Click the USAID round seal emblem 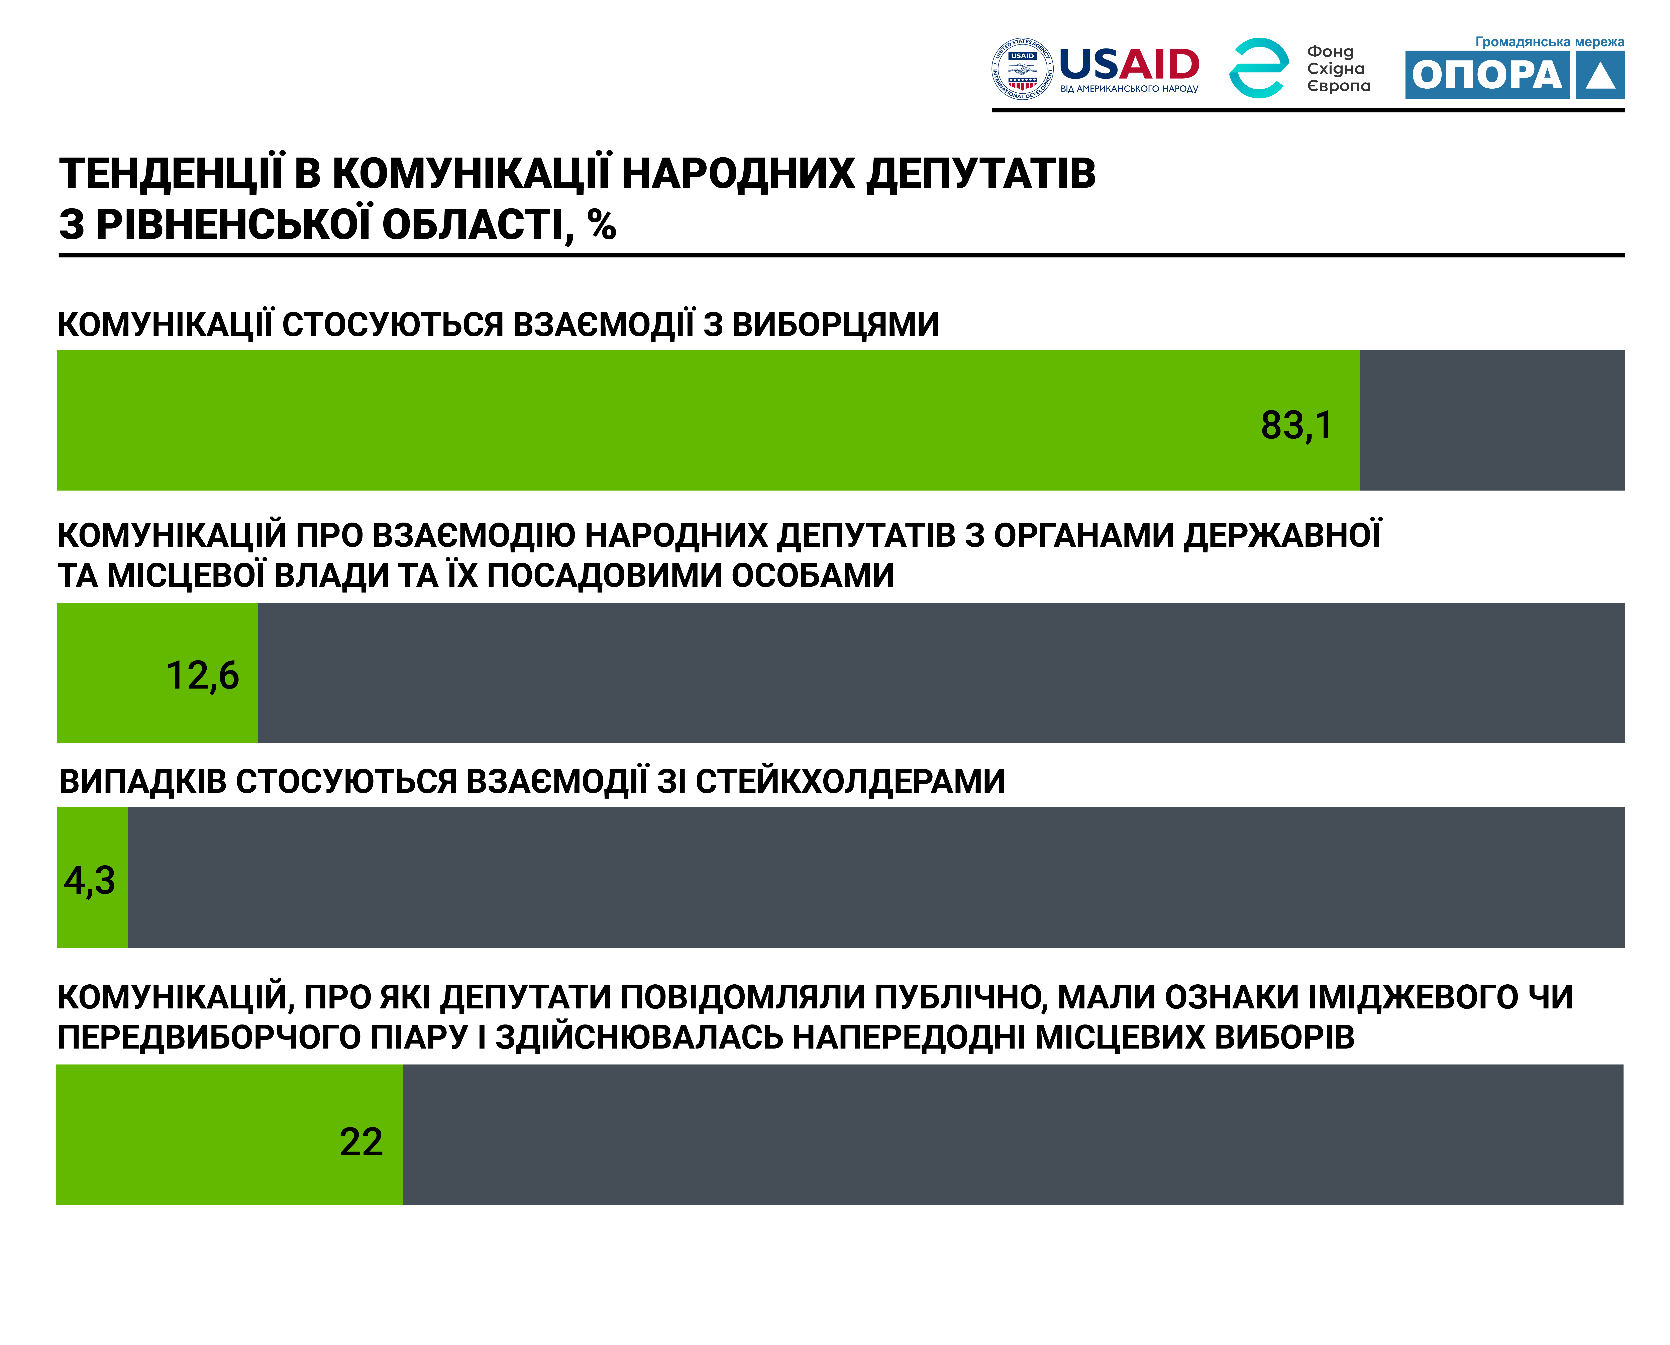click(x=1022, y=69)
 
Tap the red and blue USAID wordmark click(x=1129, y=64)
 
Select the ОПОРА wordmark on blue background click(x=1487, y=75)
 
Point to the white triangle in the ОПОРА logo click(x=1600, y=77)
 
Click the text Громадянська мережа click(x=1549, y=42)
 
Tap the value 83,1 click(x=1297, y=425)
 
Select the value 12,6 click(x=202, y=676)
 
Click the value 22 click(x=361, y=1142)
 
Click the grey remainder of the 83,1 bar click(x=1492, y=420)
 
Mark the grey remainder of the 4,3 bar click(x=876, y=877)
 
